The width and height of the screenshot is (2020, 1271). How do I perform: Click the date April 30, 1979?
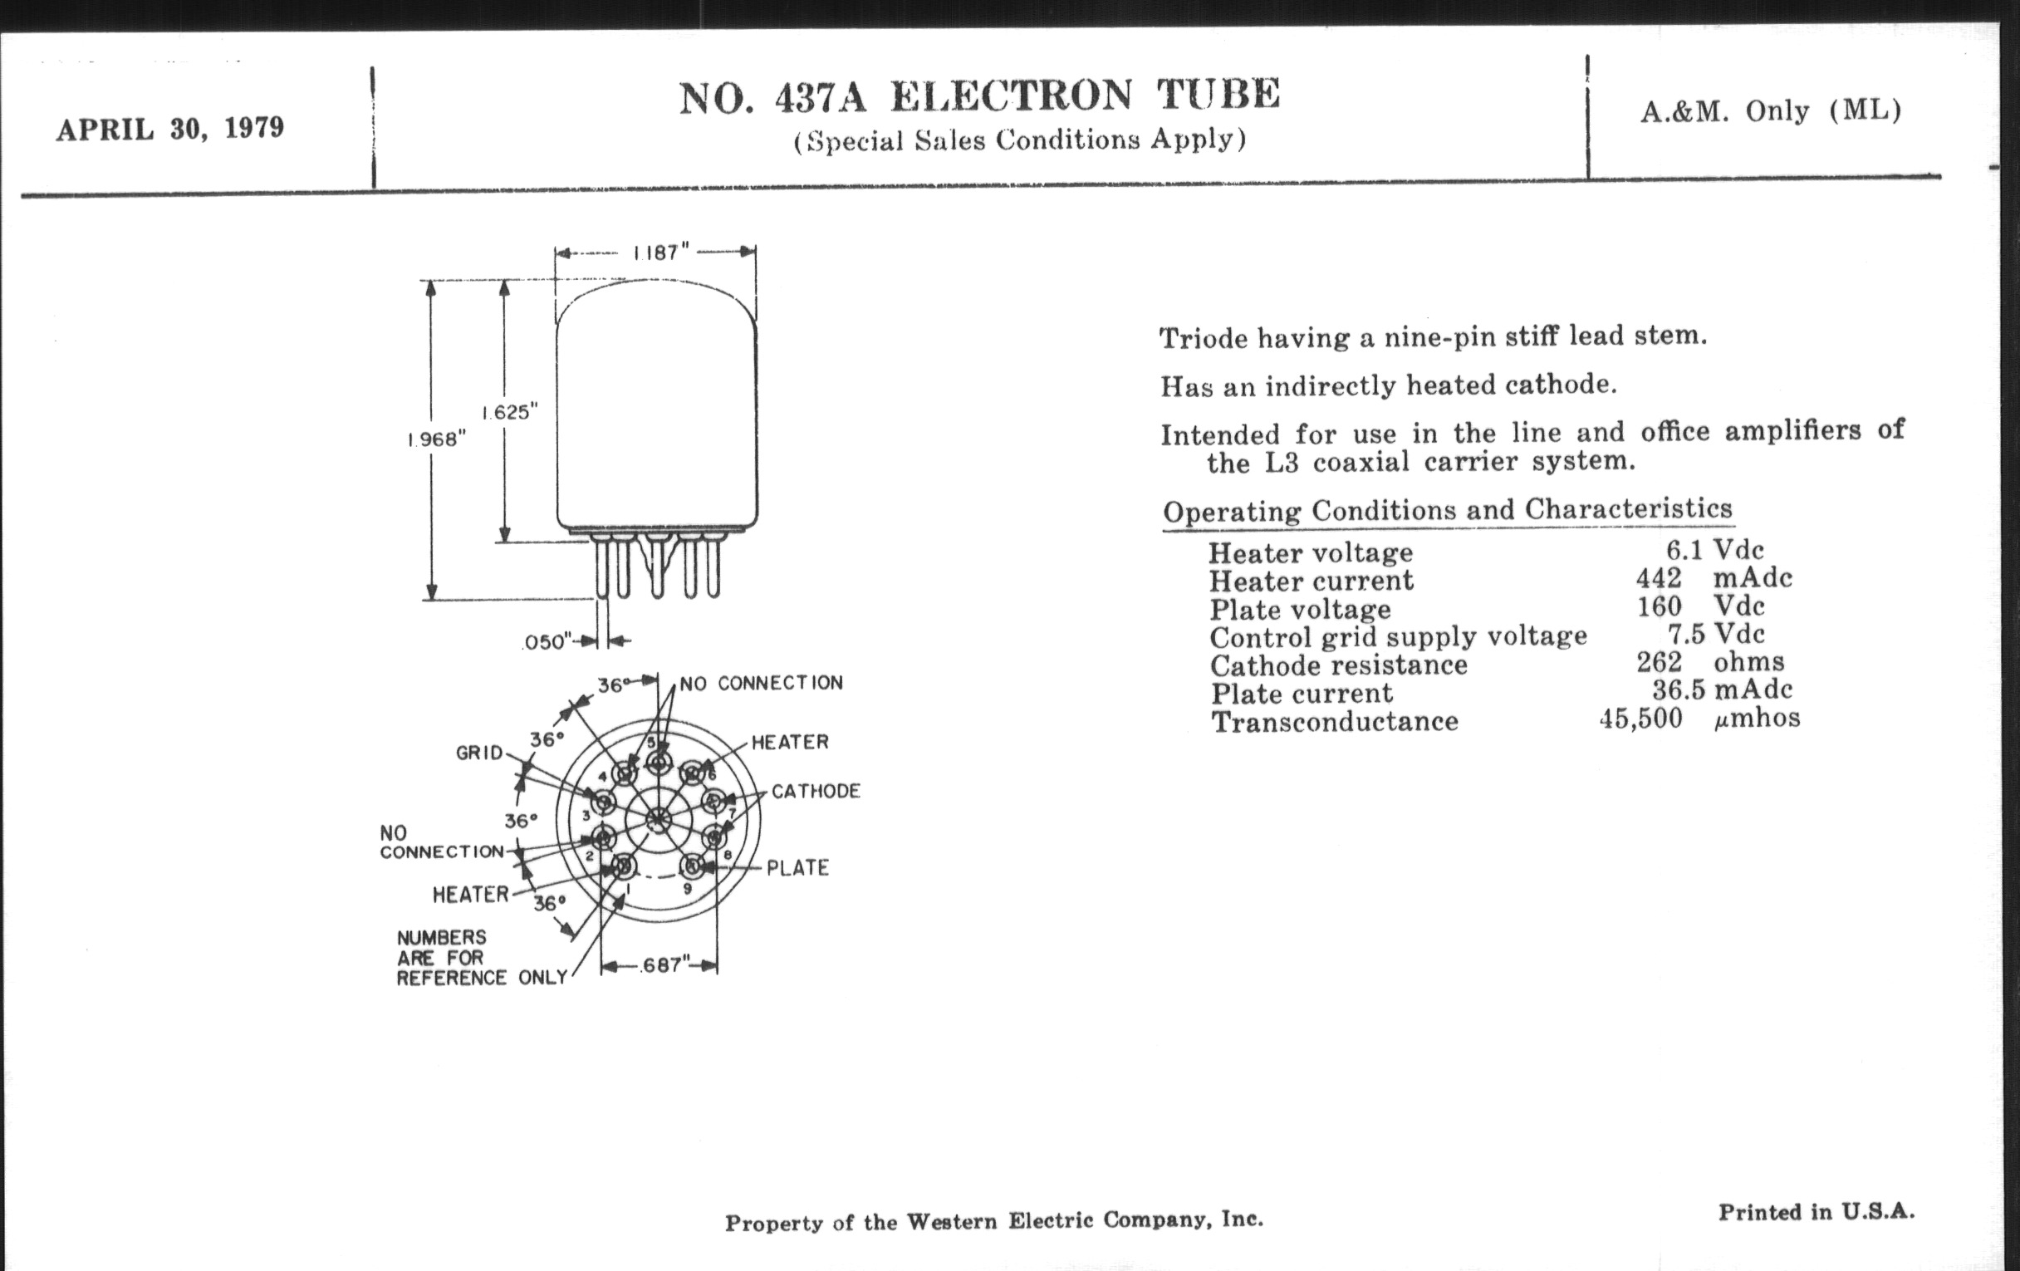[170, 130]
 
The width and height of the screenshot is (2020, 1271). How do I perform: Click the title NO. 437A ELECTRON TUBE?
[979, 96]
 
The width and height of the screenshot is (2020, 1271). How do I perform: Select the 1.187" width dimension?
[660, 253]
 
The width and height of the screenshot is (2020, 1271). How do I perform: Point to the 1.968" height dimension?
[436, 439]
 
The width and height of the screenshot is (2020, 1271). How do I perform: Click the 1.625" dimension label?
[509, 412]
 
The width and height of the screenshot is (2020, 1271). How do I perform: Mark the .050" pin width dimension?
[547, 642]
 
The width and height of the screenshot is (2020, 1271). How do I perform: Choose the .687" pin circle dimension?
[662, 965]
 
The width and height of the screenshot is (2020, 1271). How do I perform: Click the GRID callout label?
[479, 753]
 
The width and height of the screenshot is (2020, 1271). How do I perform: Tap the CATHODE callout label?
[816, 791]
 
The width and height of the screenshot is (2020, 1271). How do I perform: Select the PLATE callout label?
[797, 867]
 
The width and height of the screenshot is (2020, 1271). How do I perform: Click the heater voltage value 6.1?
[1684, 550]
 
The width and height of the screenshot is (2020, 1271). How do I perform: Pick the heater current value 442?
[1659, 578]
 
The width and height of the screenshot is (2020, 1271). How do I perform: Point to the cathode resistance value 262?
[1659, 662]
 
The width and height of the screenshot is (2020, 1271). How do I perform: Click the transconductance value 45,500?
[1640, 718]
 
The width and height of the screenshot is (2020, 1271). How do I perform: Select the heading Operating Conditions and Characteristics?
[1447, 510]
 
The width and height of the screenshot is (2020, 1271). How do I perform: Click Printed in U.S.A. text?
[1817, 1211]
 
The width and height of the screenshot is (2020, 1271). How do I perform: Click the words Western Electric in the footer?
[1000, 1221]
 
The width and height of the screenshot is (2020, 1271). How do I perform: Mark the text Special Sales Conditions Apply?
[1019, 140]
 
